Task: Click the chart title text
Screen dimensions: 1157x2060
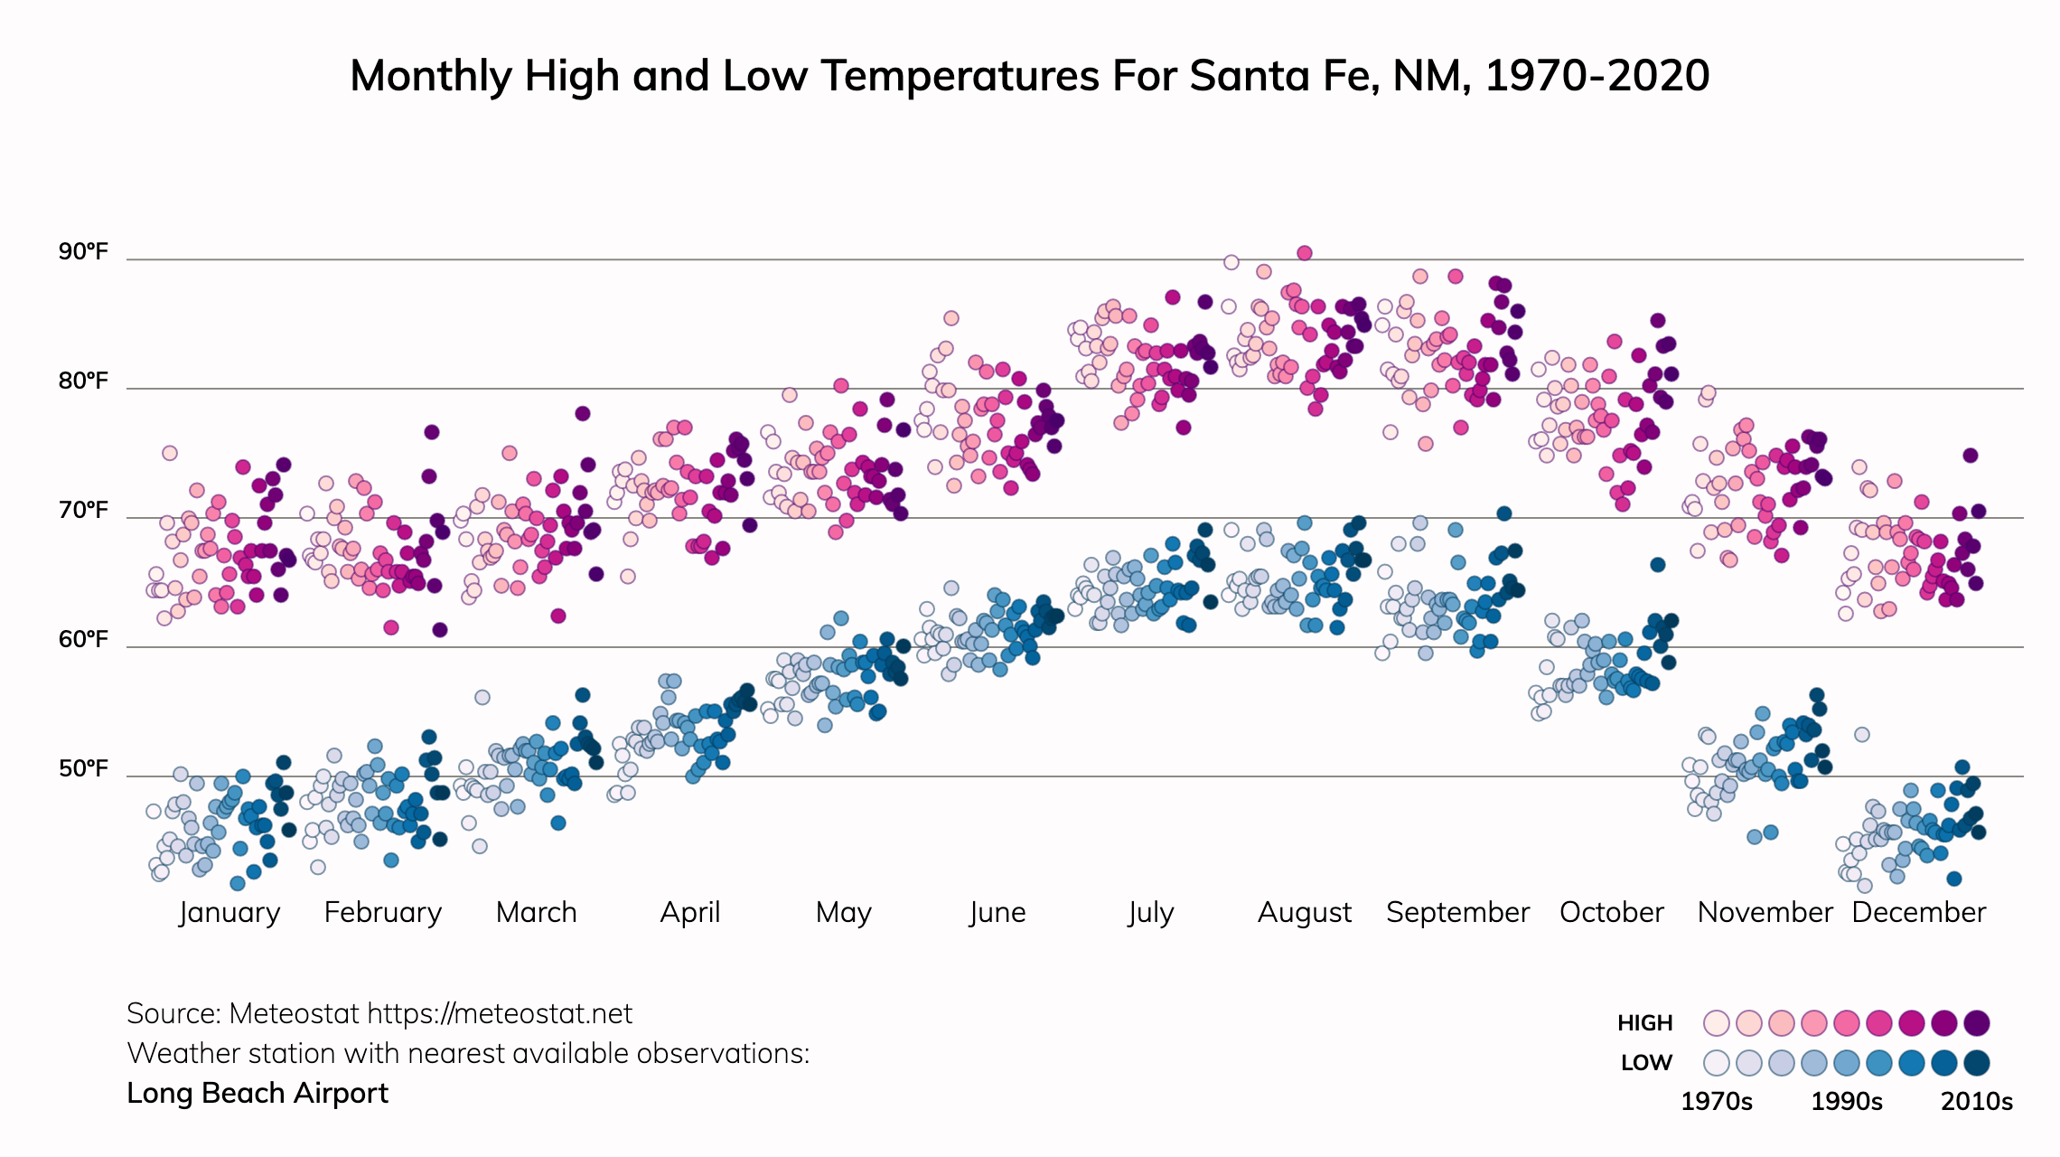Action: point(1029,76)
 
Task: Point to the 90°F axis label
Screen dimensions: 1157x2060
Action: point(83,251)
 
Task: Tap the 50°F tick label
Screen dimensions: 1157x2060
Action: point(83,768)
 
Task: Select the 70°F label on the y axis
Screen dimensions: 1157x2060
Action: point(83,510)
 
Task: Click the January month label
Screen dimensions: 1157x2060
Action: point(229,912)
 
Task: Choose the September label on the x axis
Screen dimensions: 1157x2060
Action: point(1457,912)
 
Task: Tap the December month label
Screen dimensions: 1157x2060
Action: point(1918,912)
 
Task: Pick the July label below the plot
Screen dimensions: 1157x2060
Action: point(1150,912)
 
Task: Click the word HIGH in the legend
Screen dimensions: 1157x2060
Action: point(1644,1023)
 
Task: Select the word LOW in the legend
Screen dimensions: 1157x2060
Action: point(1646,1063)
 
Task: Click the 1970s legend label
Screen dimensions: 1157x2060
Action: point(1716,1102)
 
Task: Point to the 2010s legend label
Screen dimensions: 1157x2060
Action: point(1977,1102)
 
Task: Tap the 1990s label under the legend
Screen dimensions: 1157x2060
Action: point(1847,1102)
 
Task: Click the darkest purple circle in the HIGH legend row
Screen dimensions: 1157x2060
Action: point(1977,1023)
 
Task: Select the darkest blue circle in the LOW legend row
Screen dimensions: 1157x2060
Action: point(1977,1063)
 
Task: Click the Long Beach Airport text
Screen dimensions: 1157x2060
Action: point(257,1093)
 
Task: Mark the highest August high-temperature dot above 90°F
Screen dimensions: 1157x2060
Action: point(1304,253)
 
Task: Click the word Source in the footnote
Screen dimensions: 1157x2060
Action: point(173,1014)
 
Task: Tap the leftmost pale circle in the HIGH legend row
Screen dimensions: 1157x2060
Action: point(1716,1023)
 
